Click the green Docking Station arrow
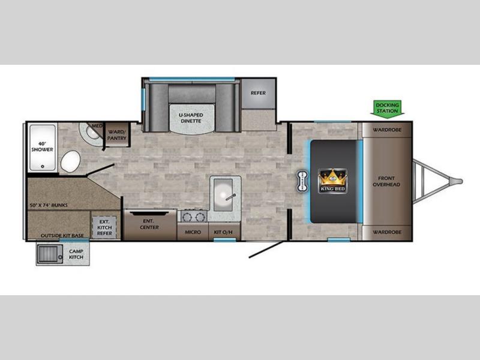[387, 108]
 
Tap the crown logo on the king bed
[333, 181]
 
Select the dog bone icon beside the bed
[302, 181]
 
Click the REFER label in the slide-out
[258, 93]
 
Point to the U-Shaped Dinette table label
[191, 118]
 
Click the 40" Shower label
[42, 146]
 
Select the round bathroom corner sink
[91, 133]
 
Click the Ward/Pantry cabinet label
[116, 135]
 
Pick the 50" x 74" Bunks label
[49, 205]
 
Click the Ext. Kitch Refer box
[104, 227]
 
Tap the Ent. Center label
[149, 224]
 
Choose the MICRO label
[193, 232]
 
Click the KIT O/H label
[223, 232]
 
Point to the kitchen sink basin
[224, 195]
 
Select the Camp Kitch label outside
[76, 254]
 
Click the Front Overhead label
[386, 181]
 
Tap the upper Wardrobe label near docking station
[387, 130]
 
